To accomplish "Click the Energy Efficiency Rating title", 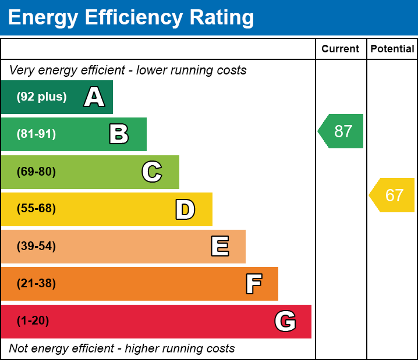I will (131, 17).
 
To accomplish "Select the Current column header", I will (341, 49).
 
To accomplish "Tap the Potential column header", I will (392, 49).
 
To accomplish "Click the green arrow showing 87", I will (342, 131).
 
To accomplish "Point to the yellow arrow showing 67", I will (393, 195).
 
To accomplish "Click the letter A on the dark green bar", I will (94, 97).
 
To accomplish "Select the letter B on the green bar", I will (119, 134).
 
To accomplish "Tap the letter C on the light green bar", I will (152, 172).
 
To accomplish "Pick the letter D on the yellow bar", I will (185, 209).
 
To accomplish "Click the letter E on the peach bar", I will (219, 247).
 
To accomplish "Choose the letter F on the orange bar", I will (253, 284).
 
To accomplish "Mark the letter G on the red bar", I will (285, 321).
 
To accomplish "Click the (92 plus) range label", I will (41, 97).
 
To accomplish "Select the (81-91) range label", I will (36, 134).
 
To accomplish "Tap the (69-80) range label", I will (36, 172).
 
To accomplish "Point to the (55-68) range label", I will (36, 209).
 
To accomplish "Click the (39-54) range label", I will (36, 246).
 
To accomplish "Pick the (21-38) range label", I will (36, 284).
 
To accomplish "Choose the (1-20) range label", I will (33, 321).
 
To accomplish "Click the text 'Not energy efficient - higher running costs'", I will (122, 349).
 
